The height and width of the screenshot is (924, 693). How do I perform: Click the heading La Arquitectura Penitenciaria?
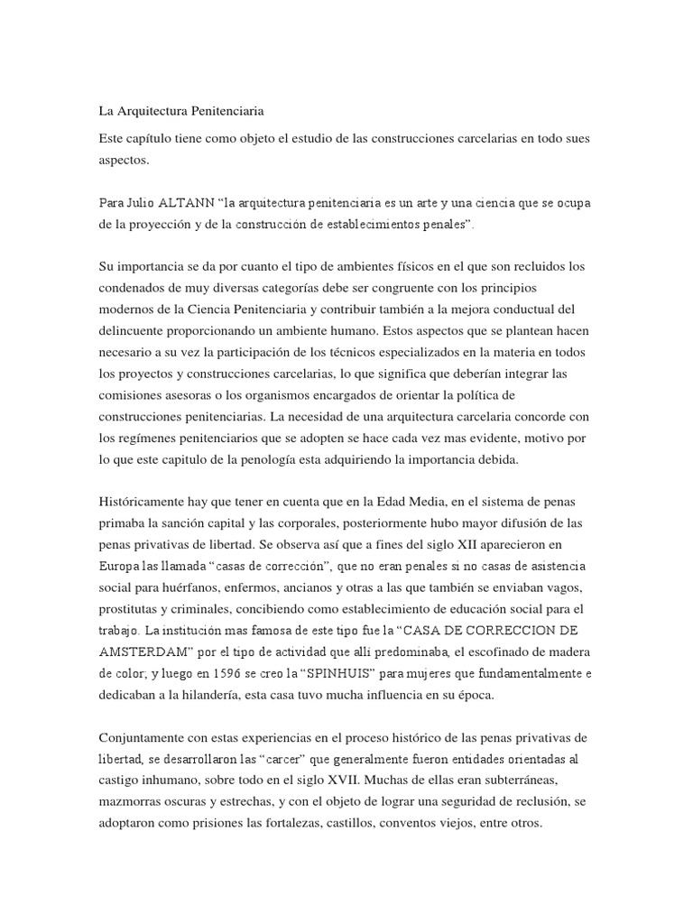[180, 113]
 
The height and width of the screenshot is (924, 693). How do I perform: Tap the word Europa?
[118, 567]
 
